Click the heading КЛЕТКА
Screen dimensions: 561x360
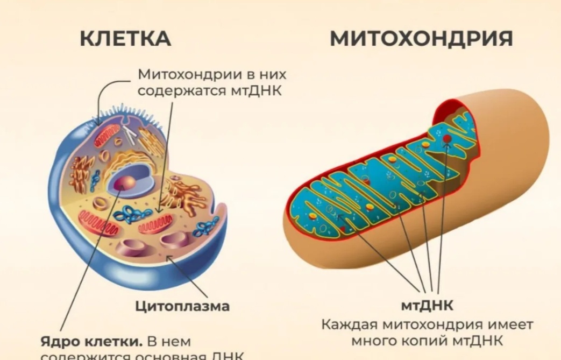(x=125, y=39)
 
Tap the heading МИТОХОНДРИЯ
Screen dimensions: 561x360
(x=421, y=39)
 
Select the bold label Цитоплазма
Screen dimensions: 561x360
(x=182, y=306)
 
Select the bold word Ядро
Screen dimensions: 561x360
(x=59, y=342)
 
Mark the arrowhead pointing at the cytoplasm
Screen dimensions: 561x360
(x=169, y=259)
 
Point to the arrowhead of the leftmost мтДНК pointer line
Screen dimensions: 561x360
(x=339, y=216)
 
